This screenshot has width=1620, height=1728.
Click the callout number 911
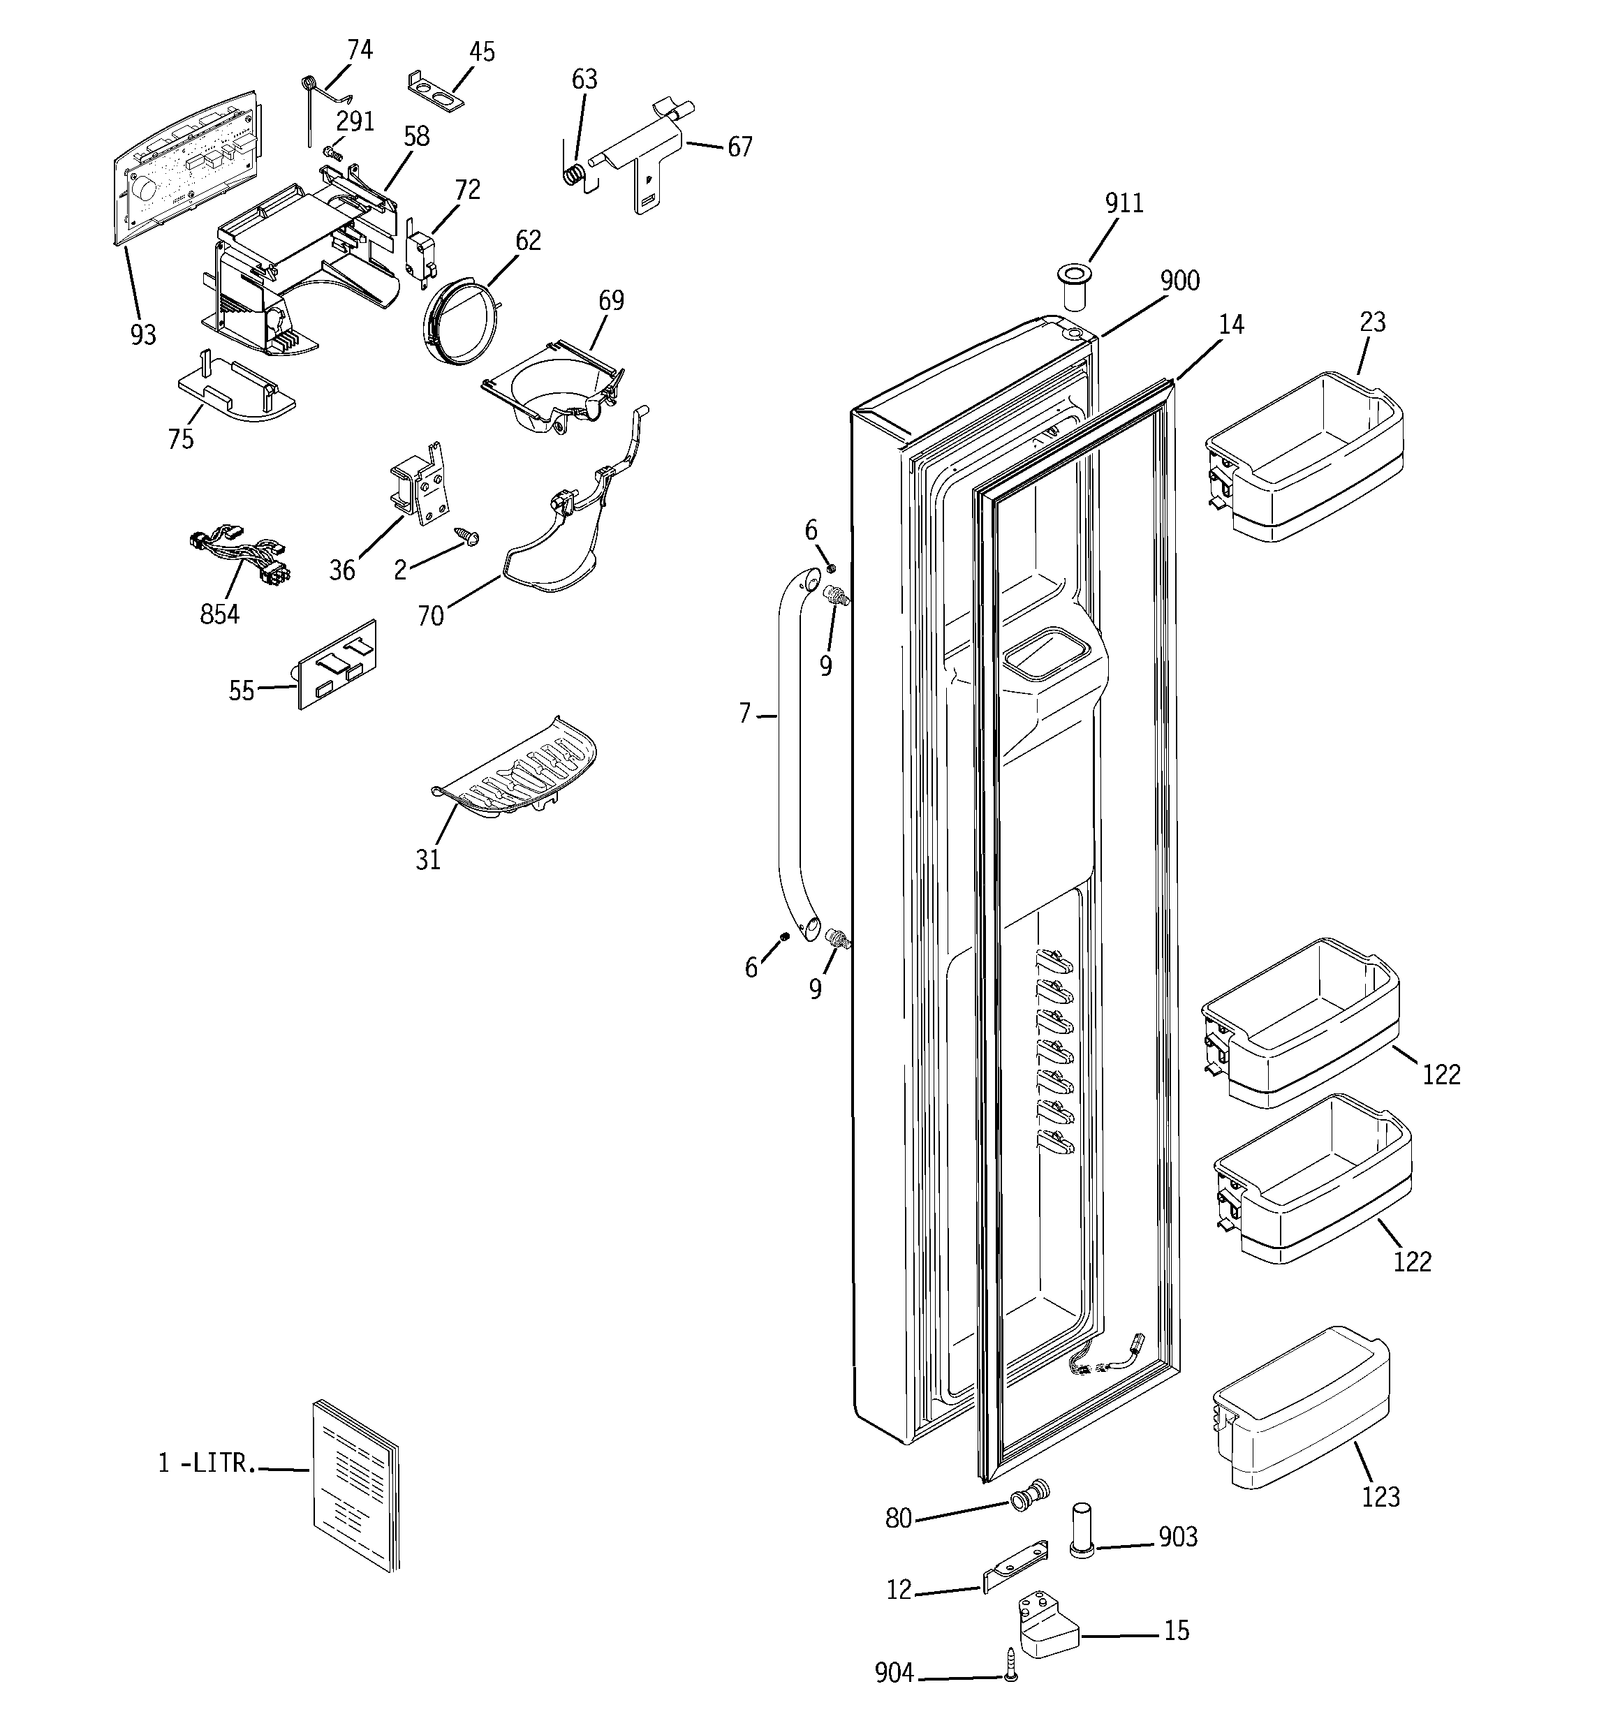click(1124, 203)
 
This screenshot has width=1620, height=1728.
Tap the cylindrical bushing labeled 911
click(1075, 288)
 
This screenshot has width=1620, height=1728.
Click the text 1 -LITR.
click(207, 1464)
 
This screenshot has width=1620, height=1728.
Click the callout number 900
click(1179, 281)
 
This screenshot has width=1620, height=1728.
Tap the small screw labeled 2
click(472, 539)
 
